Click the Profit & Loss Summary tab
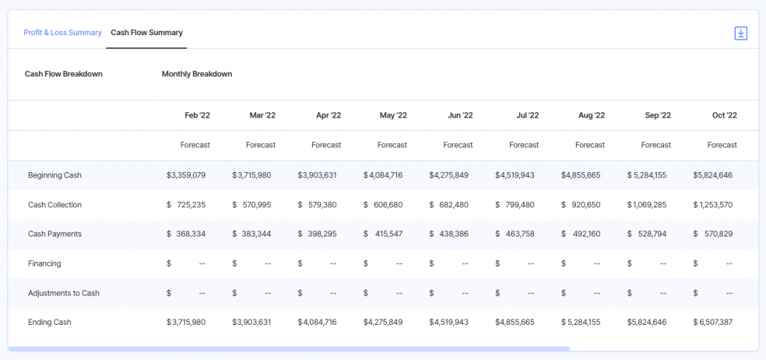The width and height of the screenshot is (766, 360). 62,33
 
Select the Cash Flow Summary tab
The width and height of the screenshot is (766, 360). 147,33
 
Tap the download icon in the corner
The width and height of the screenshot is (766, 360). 741,33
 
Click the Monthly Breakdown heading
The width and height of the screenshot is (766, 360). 197,74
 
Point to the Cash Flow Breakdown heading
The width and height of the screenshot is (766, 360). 64,74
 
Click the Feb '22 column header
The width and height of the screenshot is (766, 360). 197,115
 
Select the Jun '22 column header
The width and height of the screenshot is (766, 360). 460,115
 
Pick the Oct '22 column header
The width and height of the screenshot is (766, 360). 724,115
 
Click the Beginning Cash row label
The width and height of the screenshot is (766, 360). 55,175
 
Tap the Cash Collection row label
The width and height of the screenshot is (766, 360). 55,204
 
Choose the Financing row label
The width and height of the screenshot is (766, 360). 44,263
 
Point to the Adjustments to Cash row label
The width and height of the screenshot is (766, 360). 64,293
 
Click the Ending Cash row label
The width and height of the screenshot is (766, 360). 49,322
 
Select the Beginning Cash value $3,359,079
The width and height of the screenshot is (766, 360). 186,175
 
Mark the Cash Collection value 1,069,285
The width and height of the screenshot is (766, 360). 650,204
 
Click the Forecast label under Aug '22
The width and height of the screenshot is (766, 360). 590,145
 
